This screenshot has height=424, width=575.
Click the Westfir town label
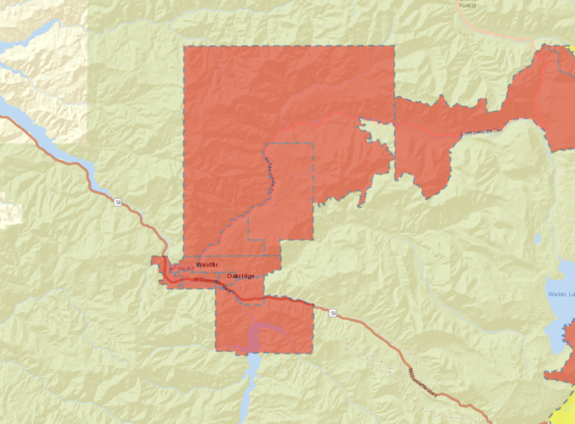(208, 265)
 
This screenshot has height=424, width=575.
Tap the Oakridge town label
(241, 276)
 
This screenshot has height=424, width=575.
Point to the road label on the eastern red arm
(476, 131)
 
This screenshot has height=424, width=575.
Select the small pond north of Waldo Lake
(538, 240)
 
